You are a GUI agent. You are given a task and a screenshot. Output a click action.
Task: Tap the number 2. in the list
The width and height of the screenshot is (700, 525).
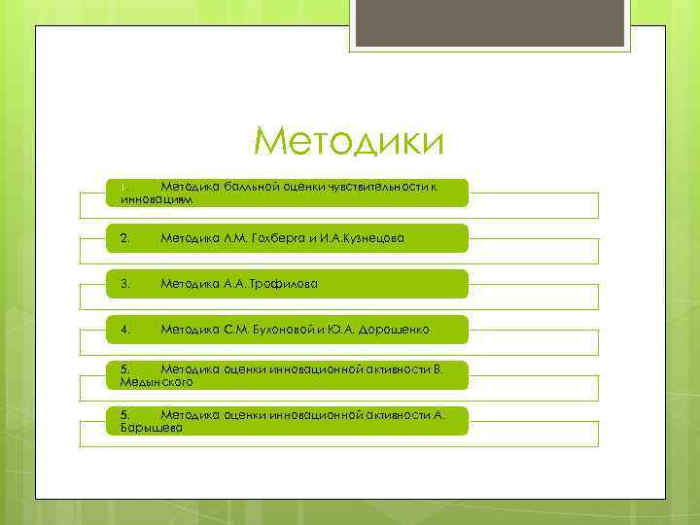124,238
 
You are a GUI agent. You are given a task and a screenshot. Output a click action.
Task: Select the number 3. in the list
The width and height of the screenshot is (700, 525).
124,284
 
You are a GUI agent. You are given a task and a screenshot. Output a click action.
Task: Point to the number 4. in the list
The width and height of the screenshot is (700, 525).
124,331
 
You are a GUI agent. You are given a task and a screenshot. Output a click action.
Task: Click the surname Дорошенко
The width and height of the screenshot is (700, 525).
394,331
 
